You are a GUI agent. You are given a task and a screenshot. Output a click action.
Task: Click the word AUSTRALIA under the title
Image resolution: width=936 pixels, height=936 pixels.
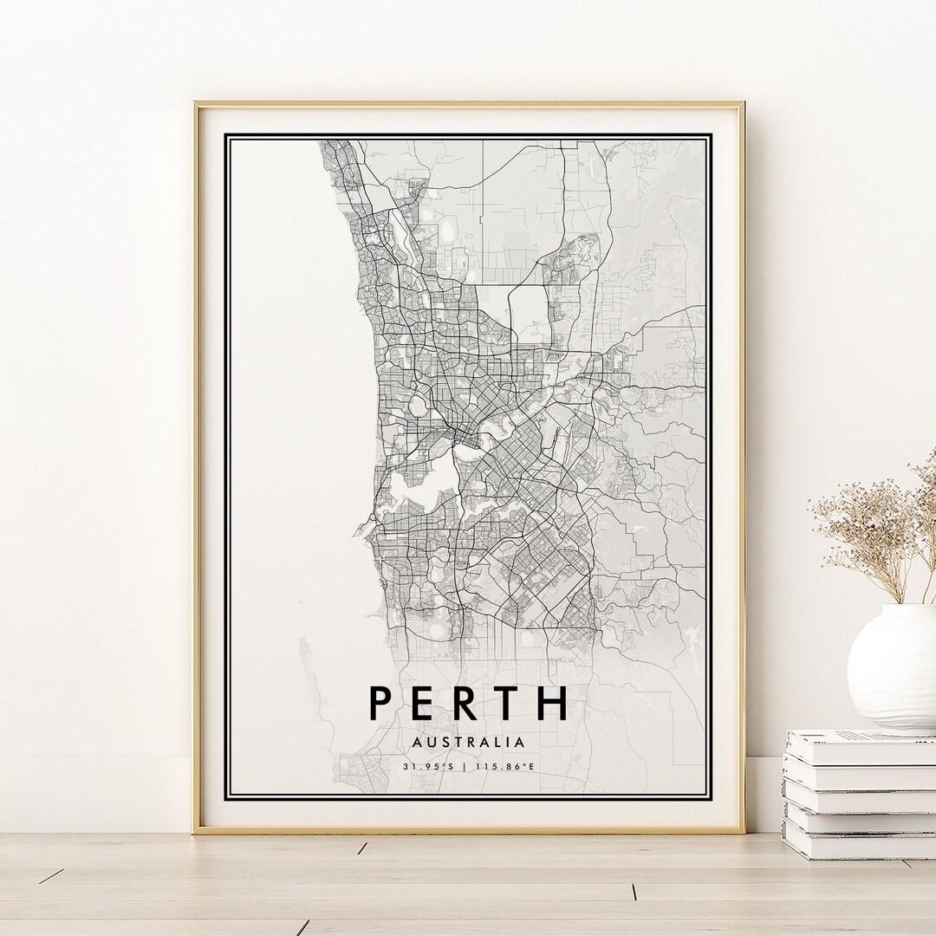(x=468, y=743)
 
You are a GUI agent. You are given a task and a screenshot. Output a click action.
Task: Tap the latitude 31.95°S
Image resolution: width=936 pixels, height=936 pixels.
(x=428, y=766)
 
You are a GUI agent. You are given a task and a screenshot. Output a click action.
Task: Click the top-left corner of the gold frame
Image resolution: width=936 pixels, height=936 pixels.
(x=196, y=105)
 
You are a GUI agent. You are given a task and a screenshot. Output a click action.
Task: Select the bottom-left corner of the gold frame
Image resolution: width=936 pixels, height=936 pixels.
(x=196, y=831)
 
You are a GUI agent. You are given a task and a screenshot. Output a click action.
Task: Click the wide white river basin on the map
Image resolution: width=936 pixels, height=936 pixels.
(x=425, y=485)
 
